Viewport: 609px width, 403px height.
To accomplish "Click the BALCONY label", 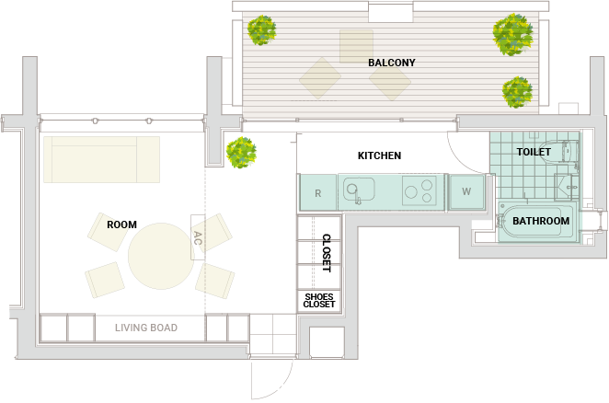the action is [x=392, y=63].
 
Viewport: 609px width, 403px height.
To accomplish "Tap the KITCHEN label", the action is [x=379, y=155].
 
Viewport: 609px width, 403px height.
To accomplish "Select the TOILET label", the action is [x=534, y=152].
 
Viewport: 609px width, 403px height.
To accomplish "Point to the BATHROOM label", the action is [x=541, y=221].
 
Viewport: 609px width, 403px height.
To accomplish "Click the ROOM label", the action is [x=121, y=225].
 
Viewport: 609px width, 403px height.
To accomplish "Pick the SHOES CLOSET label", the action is [x=319, y=300].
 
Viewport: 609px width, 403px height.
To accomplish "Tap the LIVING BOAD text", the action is [x=146, y=328].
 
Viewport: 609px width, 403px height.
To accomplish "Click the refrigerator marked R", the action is [x=317, y=192].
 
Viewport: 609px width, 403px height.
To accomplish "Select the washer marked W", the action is [x=466, y=191].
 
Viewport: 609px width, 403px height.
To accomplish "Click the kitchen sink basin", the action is [x=359, y=190].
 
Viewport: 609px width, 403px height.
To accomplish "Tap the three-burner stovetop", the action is [x=419, y=190].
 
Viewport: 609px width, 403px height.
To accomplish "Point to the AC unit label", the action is [x=198, y=237].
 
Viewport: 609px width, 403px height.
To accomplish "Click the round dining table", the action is [x=161, y=256].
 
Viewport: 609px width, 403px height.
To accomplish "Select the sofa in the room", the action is [x=102, y=159].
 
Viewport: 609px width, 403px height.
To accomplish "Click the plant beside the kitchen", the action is [x=241, y=153].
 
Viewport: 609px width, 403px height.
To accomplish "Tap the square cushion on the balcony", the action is [x=356, y=46].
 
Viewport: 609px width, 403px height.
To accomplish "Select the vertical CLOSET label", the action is [x=327, y=253].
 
